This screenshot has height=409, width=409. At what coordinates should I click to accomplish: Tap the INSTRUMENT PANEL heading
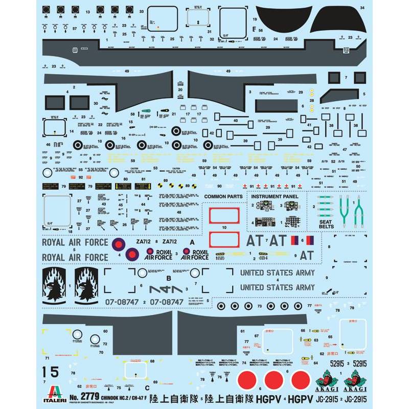pyautogui.click(x=277, y=196)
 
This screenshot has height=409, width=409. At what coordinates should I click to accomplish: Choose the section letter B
pyautogui.click(x=169, y=278)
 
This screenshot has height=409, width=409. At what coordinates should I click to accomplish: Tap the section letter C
pyautogui.click(x=133, y=374)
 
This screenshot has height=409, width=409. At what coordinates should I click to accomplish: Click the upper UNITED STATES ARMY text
pyautogui.click(x=277, y=273)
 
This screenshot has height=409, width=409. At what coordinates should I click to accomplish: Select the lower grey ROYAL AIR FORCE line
pyautogui.click(x=75, y=257)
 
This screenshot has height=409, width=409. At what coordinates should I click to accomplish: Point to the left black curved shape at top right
pyautogui.click(x=279, y=17)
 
